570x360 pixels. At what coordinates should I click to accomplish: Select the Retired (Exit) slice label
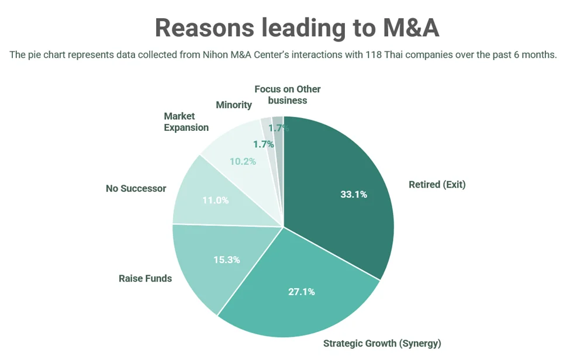tap(437, 185)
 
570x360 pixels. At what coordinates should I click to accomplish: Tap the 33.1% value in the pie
tap(354, 195)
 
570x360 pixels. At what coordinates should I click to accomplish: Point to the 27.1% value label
tap(301, 292)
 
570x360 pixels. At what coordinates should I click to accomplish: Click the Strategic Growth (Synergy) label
tap(382, 343)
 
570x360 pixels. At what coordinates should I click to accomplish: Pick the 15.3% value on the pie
tap(226, 259)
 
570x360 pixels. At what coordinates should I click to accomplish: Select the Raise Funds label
tap(145, 278)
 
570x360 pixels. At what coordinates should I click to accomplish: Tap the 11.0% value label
tap(215, 200)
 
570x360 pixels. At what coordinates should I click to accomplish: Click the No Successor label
tap(136, 189)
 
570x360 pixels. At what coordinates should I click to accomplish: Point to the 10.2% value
tap(242, 161)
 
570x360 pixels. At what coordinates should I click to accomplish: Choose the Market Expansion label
tap(186, 122)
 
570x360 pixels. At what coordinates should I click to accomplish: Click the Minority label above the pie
tap(234, 105)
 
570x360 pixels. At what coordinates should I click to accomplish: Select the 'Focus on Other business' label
tap(288, 95)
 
